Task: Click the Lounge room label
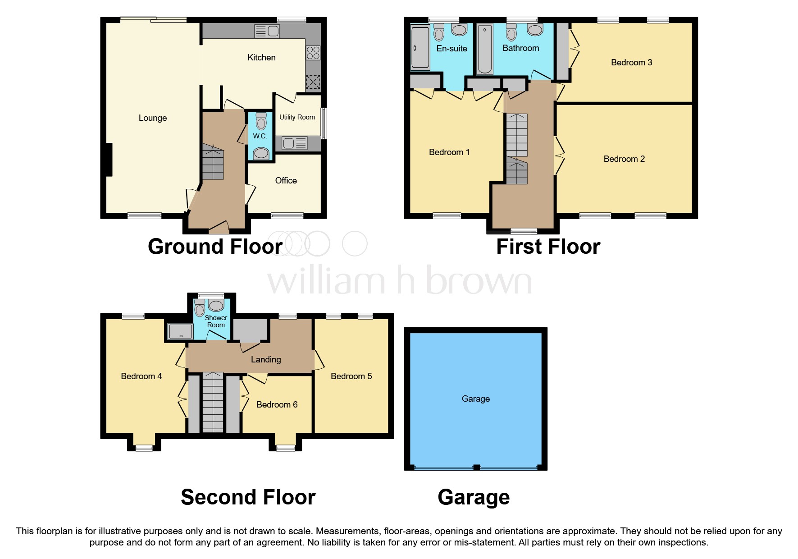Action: pos(153,118)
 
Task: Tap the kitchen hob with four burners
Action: pos(313,53)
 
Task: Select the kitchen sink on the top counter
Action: pos(267,31)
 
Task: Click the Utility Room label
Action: pos(297,117)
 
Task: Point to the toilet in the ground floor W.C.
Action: pos(261,121)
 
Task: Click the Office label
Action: pos(286,181)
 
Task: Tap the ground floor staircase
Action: pos(212,162)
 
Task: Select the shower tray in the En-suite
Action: pos(420,47)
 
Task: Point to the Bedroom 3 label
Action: pos(631,63)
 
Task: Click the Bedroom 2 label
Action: pos(624,159)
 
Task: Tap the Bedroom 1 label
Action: pos(449,152)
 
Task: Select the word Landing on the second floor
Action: pos(266,360)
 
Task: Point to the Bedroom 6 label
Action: pos(277,405)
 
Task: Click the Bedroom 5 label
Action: pos(351,376)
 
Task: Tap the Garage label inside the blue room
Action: pos(475,399)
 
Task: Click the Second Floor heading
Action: pos(248,497)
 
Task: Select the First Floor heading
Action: pos(548,247)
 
